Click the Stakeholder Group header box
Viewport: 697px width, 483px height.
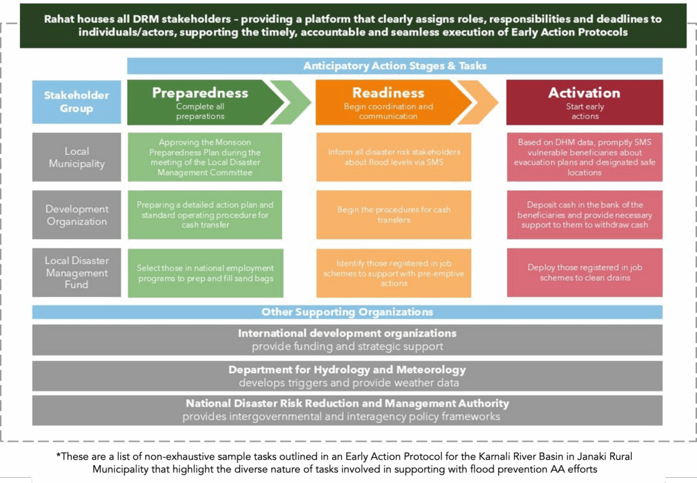click(x=76, y=102)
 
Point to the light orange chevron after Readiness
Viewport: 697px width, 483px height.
click(x=479, y=102)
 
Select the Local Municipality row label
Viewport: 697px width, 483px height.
click(x=76, y=158)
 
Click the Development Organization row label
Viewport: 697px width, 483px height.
click(x=76, y=215)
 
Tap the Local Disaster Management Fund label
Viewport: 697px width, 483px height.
click(x=76, y=272)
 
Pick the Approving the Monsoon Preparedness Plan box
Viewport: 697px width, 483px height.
click(x=205, y=158)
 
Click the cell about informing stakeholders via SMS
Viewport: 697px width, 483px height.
click(x=394, y=158)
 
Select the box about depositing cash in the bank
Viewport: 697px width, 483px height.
click(x=585, y=215)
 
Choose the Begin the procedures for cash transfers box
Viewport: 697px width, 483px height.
click(x=394, y=215)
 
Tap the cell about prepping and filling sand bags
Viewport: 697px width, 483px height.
click(x=205, y=272)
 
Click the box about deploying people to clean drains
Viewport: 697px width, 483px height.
click(x=585, y=272)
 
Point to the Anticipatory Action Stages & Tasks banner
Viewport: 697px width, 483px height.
click(x=395, y=66)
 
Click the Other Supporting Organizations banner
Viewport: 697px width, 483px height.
click(x=347, y=312)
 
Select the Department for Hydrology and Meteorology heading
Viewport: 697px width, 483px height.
click(x=347, y=370)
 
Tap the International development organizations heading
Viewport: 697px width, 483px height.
click(x=347, y=333)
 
